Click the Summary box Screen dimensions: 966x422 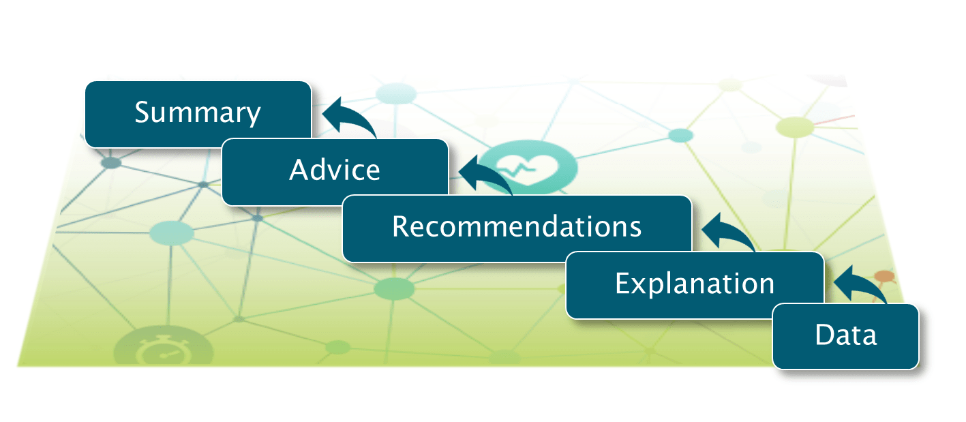click(x=198, y=114)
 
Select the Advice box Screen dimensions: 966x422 click(x=335, y=172)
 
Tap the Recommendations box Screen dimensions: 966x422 click(x=517, y=228)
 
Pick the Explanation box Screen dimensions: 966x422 click(x=695, y=285)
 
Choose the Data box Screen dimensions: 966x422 click(x=846, y=336)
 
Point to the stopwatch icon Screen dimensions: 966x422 click(x=163, y=350)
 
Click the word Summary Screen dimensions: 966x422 click(x=198, y=113)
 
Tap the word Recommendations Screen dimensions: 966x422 click(x=517, y=226)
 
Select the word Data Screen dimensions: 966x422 click(x=846, y=335)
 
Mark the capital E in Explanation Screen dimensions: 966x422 click(x=623, y=283)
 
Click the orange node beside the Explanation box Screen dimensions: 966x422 click(x=884, y=276)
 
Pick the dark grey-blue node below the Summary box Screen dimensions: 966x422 click(x=111, y=163)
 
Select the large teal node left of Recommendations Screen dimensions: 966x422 click(x=172, y=233)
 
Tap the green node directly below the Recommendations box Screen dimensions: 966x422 click(x=394, y=288)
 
